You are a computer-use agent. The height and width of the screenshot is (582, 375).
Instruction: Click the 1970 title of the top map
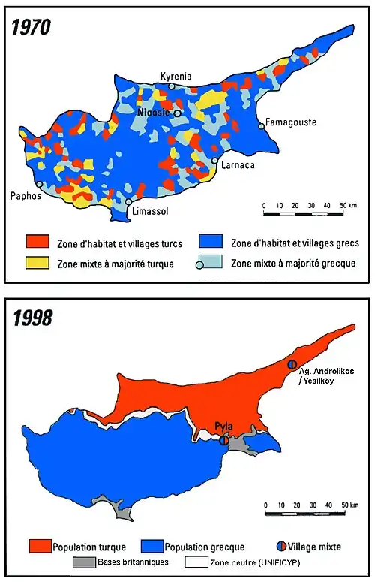pyautogui.click(x=31, y=28)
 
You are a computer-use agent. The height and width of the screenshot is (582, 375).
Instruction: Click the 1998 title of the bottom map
pyautogui.click(x=31, y=318)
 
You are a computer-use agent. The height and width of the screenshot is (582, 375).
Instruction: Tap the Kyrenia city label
pyautogui.click(x=175, y=77)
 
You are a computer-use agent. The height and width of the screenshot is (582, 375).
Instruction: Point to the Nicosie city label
pyautogui.click(x=153, y=113)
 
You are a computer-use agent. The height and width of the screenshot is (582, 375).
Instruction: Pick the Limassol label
pyautogui.click(x=150, y=211)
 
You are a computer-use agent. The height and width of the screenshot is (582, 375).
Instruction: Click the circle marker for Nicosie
pyautogui.click(x=178, y=113)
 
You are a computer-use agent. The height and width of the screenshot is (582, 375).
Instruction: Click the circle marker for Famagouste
pyautogui.click(x=261, y=126)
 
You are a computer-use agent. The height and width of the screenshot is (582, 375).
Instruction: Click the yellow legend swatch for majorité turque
pyautogui.click(x=37, y=263)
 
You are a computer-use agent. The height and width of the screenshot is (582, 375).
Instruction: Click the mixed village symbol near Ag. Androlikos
pyautogui.click(x=293, y=363)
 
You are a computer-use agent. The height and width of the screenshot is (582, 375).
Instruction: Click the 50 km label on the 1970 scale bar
pyautogui.click(x=346, y=205)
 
